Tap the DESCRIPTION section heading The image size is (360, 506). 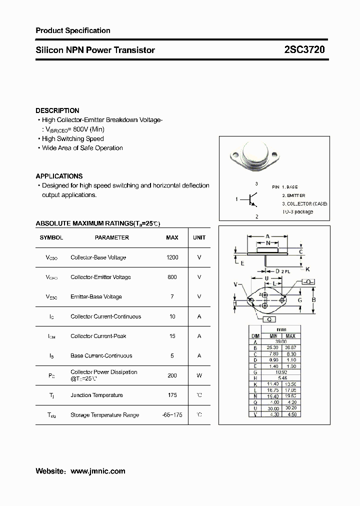[x=57, y=110]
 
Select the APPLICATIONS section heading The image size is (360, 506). [x=59, y=176]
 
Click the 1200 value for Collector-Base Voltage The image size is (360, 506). [x=172, y=257]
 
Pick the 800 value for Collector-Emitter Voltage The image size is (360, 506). [x=172, y=277]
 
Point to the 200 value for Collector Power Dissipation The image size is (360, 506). [x=172, y=375]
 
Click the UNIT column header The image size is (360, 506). [x=199, y=237]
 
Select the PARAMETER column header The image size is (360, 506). [x=112, y=237]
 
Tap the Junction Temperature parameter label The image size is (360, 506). [x=96, y=395]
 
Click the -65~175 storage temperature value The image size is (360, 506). [x=172, y=415]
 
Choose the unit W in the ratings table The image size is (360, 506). [x=199, y=375]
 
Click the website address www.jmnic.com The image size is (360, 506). [x=98, y=471]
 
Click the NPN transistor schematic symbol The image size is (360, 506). [x=252, y=199]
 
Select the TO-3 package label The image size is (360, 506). [x=297, y=211]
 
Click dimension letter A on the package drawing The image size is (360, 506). [x=268, y=236]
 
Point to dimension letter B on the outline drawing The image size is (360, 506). [x=313, y=300]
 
